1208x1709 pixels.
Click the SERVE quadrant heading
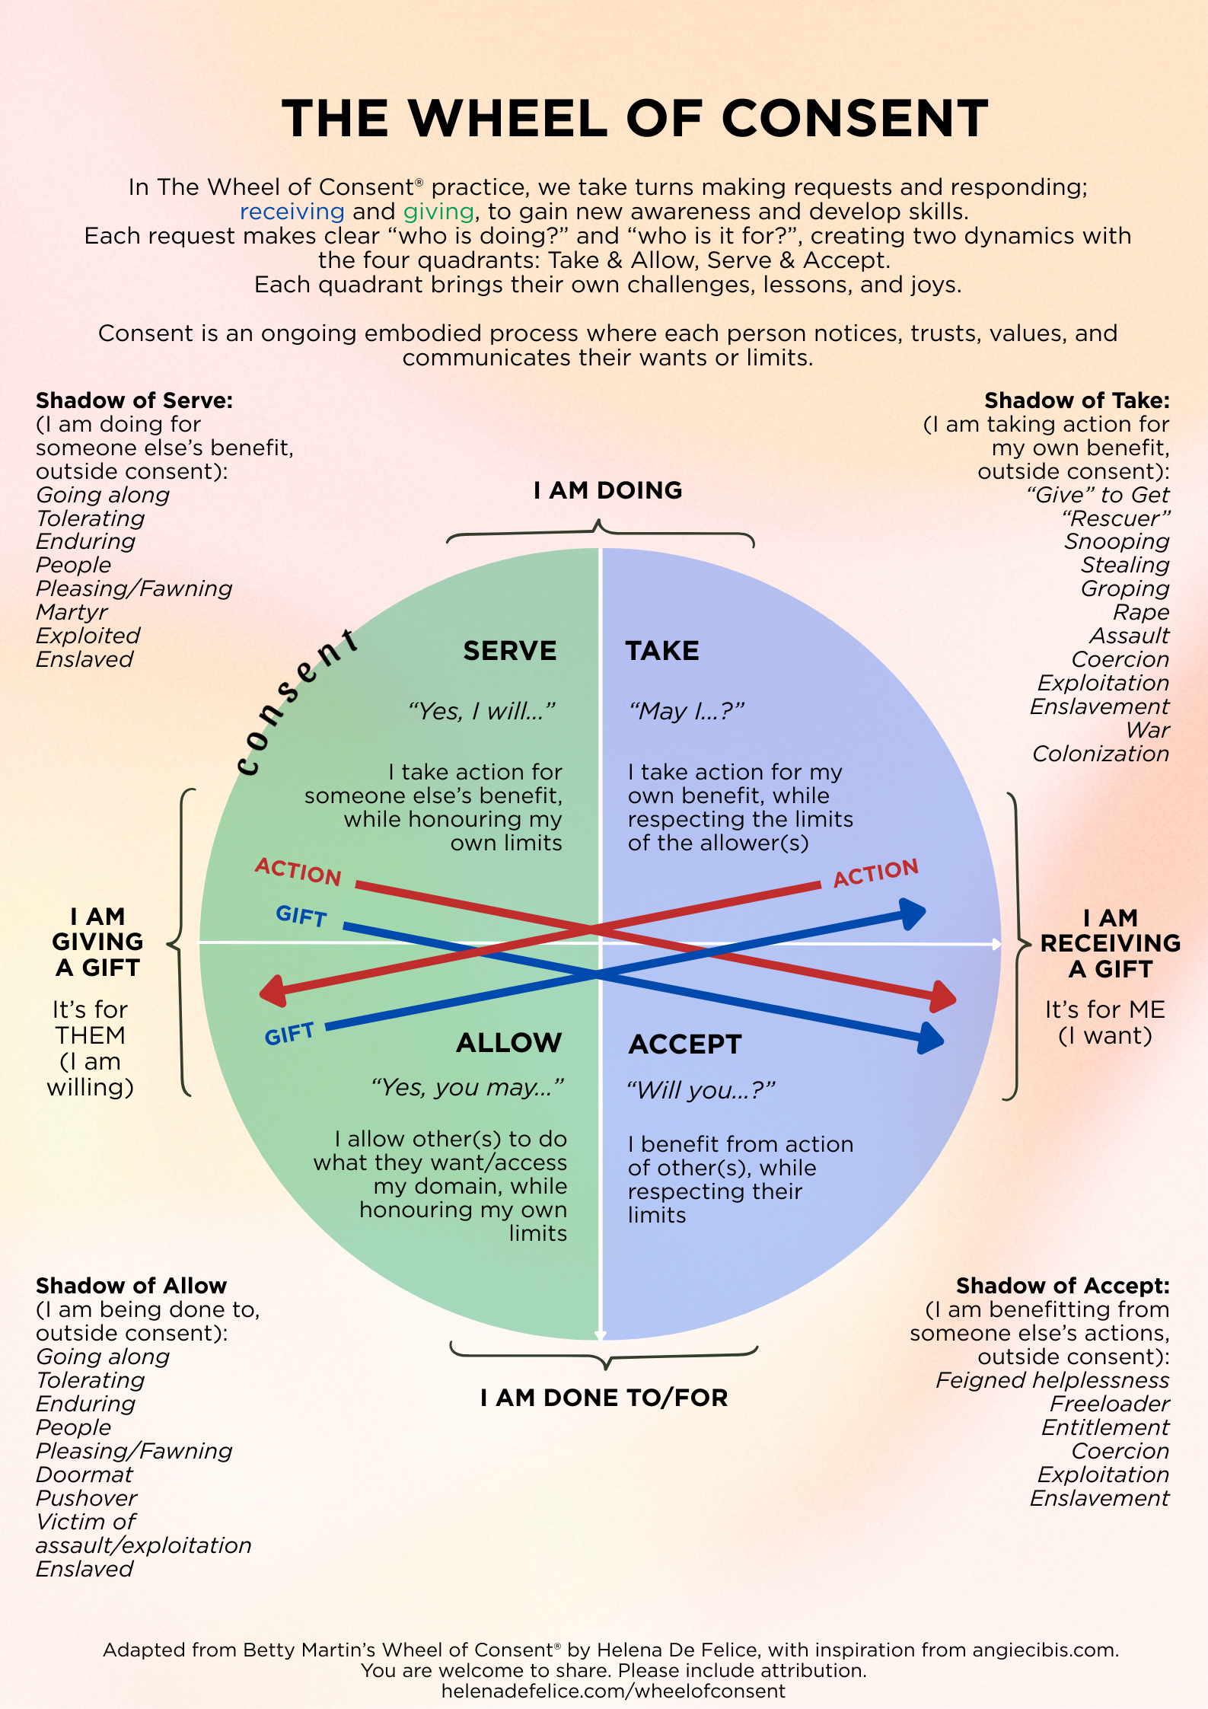coord(509,651)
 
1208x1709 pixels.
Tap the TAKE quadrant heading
coord(662,651)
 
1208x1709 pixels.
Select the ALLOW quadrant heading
coord(508,1042)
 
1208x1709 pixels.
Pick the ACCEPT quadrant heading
coord(685,1044)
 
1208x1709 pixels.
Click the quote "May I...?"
coord(686,711)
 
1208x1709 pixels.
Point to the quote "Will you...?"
coord(700,1090)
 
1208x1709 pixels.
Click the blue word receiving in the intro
coord(292,212)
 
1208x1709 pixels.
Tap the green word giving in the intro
coord(438,212)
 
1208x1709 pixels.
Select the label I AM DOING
coord(607,490)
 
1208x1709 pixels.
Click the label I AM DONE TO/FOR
coord(604,1398)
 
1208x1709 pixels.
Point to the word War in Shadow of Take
coord(1148,730)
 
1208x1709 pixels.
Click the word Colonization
coord(1101,754)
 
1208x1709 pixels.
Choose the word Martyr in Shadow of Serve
coord(72,612)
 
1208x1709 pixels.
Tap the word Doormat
coord(84,1475)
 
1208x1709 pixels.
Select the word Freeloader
coord(1110,1404)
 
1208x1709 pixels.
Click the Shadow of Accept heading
coord(1063,1286)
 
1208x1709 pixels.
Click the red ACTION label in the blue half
coord(875,872)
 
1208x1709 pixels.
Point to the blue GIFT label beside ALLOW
coord(288,1034)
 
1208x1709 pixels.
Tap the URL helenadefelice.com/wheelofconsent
coord(613,1691)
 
